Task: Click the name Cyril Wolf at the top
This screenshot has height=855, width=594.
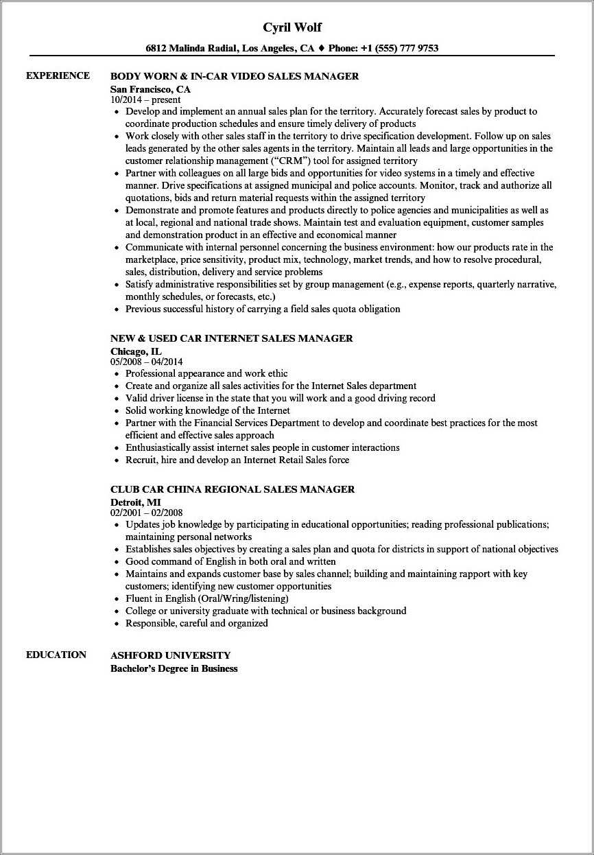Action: tap(292, 27)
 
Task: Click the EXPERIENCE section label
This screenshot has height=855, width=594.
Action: tap(58, 75)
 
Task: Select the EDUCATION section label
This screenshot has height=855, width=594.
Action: tap(56, 655)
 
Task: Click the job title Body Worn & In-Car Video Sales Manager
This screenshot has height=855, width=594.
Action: tap(235, 76)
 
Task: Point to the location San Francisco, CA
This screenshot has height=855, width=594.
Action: tap(150, 89)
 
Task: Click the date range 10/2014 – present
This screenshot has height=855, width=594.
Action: tap(145, 99)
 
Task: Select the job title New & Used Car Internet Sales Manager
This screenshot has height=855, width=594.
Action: tap(231, 338)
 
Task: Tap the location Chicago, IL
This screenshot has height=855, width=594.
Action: tap(136, 351)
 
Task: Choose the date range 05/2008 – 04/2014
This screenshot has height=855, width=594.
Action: tap(147, 362)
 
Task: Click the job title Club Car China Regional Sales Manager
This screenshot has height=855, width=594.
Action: tap(233, 489)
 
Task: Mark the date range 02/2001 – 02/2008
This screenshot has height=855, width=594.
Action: tap(147, 513)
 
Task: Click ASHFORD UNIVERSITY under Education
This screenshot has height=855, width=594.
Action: tap(170, 655)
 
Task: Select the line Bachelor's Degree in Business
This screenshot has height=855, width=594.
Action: tap(174, 668)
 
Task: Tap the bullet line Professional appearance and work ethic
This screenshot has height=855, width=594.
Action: tap(206, 373)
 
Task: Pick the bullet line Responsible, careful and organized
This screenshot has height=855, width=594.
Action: tap(196, 623)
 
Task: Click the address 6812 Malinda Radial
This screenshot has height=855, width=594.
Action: tap(191, 48)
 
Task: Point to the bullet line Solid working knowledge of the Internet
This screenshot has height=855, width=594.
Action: tap(207, 410)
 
